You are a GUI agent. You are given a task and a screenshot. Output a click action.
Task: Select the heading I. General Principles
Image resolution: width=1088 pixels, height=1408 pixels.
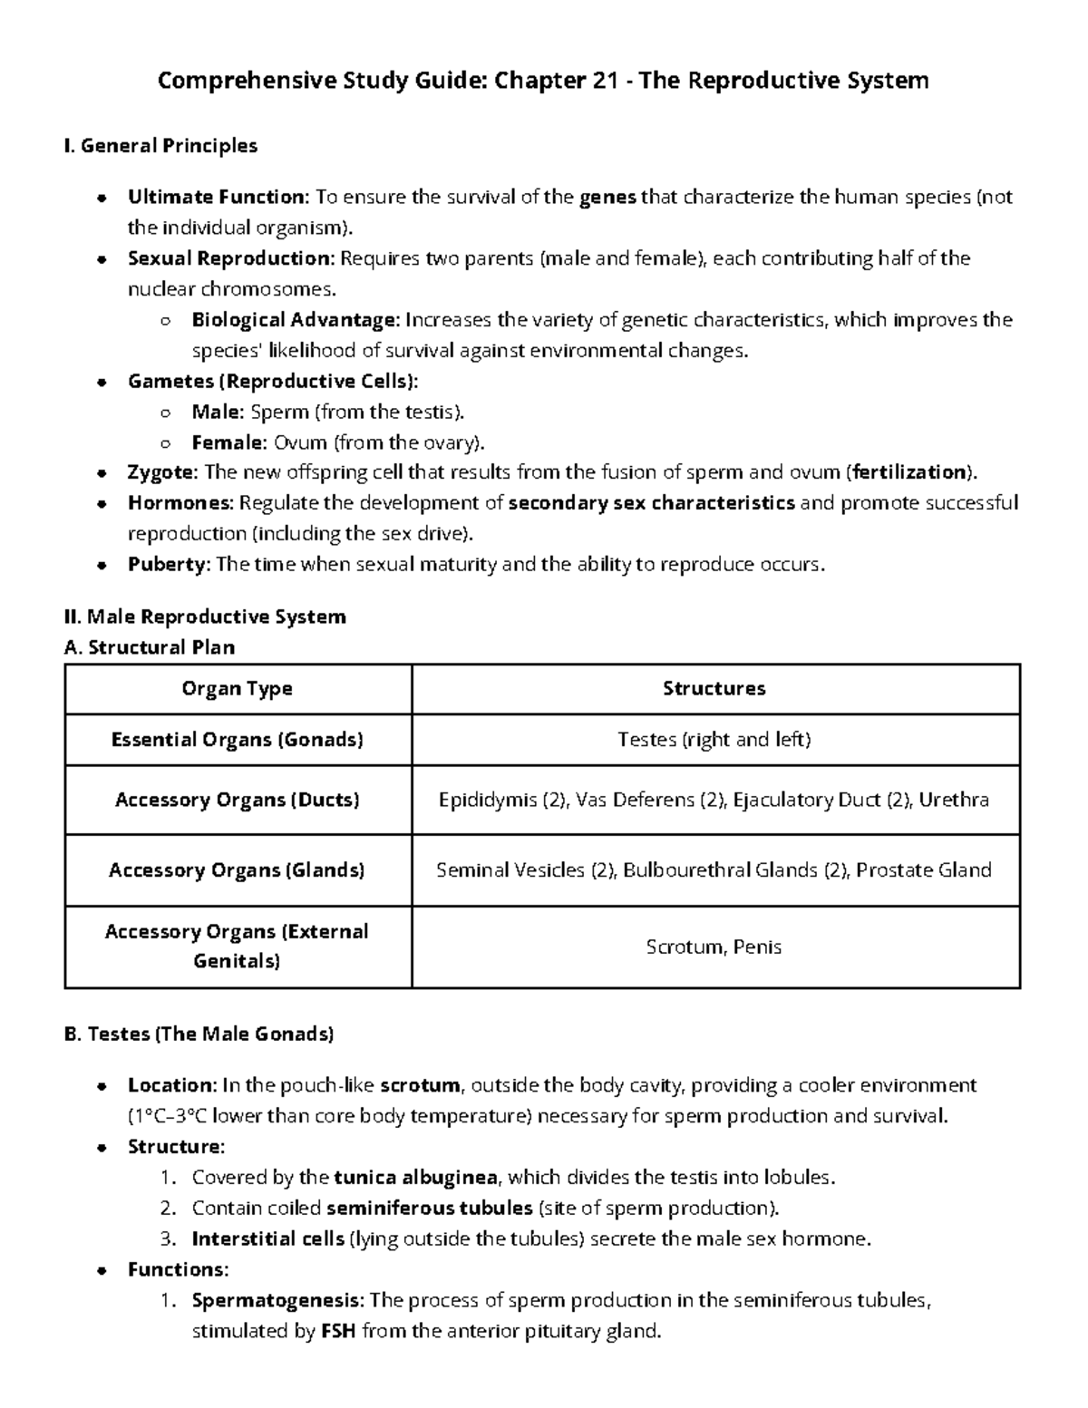pos(161,145)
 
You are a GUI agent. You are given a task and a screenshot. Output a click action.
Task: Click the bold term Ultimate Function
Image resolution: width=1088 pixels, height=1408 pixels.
pos(218,197)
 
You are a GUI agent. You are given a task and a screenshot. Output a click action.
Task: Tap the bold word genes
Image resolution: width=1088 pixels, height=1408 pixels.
pos(607,197)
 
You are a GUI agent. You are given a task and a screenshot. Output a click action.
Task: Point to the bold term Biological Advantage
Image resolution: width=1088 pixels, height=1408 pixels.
pos(295,320)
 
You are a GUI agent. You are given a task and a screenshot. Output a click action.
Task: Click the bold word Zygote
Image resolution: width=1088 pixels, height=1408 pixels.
pos(161,472)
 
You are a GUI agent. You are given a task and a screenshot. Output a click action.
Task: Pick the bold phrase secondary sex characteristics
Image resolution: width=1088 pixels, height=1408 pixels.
pos(652,503)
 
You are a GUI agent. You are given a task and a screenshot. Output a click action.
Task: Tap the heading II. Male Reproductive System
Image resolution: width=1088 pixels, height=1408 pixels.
pos(206,617)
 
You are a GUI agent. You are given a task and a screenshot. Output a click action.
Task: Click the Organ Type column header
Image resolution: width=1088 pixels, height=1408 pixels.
pos(238,689)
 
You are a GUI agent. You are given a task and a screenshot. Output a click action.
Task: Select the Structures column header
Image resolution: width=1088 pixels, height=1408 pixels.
pos(714,689)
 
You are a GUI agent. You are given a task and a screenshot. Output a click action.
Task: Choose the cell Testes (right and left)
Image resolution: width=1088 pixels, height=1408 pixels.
pos(714,740)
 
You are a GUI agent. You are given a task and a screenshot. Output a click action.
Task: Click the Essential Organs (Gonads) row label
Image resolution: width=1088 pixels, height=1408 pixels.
pos(238,740)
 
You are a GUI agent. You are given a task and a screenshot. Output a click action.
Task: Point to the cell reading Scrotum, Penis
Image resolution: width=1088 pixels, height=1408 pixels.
pos(714,947)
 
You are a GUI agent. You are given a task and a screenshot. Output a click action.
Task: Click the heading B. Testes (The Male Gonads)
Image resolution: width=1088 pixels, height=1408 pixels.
pos(199,1034)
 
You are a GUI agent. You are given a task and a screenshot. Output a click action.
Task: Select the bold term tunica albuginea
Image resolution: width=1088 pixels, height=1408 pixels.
pos(416,1178)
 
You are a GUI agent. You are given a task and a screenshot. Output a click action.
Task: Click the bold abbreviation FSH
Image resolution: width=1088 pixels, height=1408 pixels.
pos(338,1332)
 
